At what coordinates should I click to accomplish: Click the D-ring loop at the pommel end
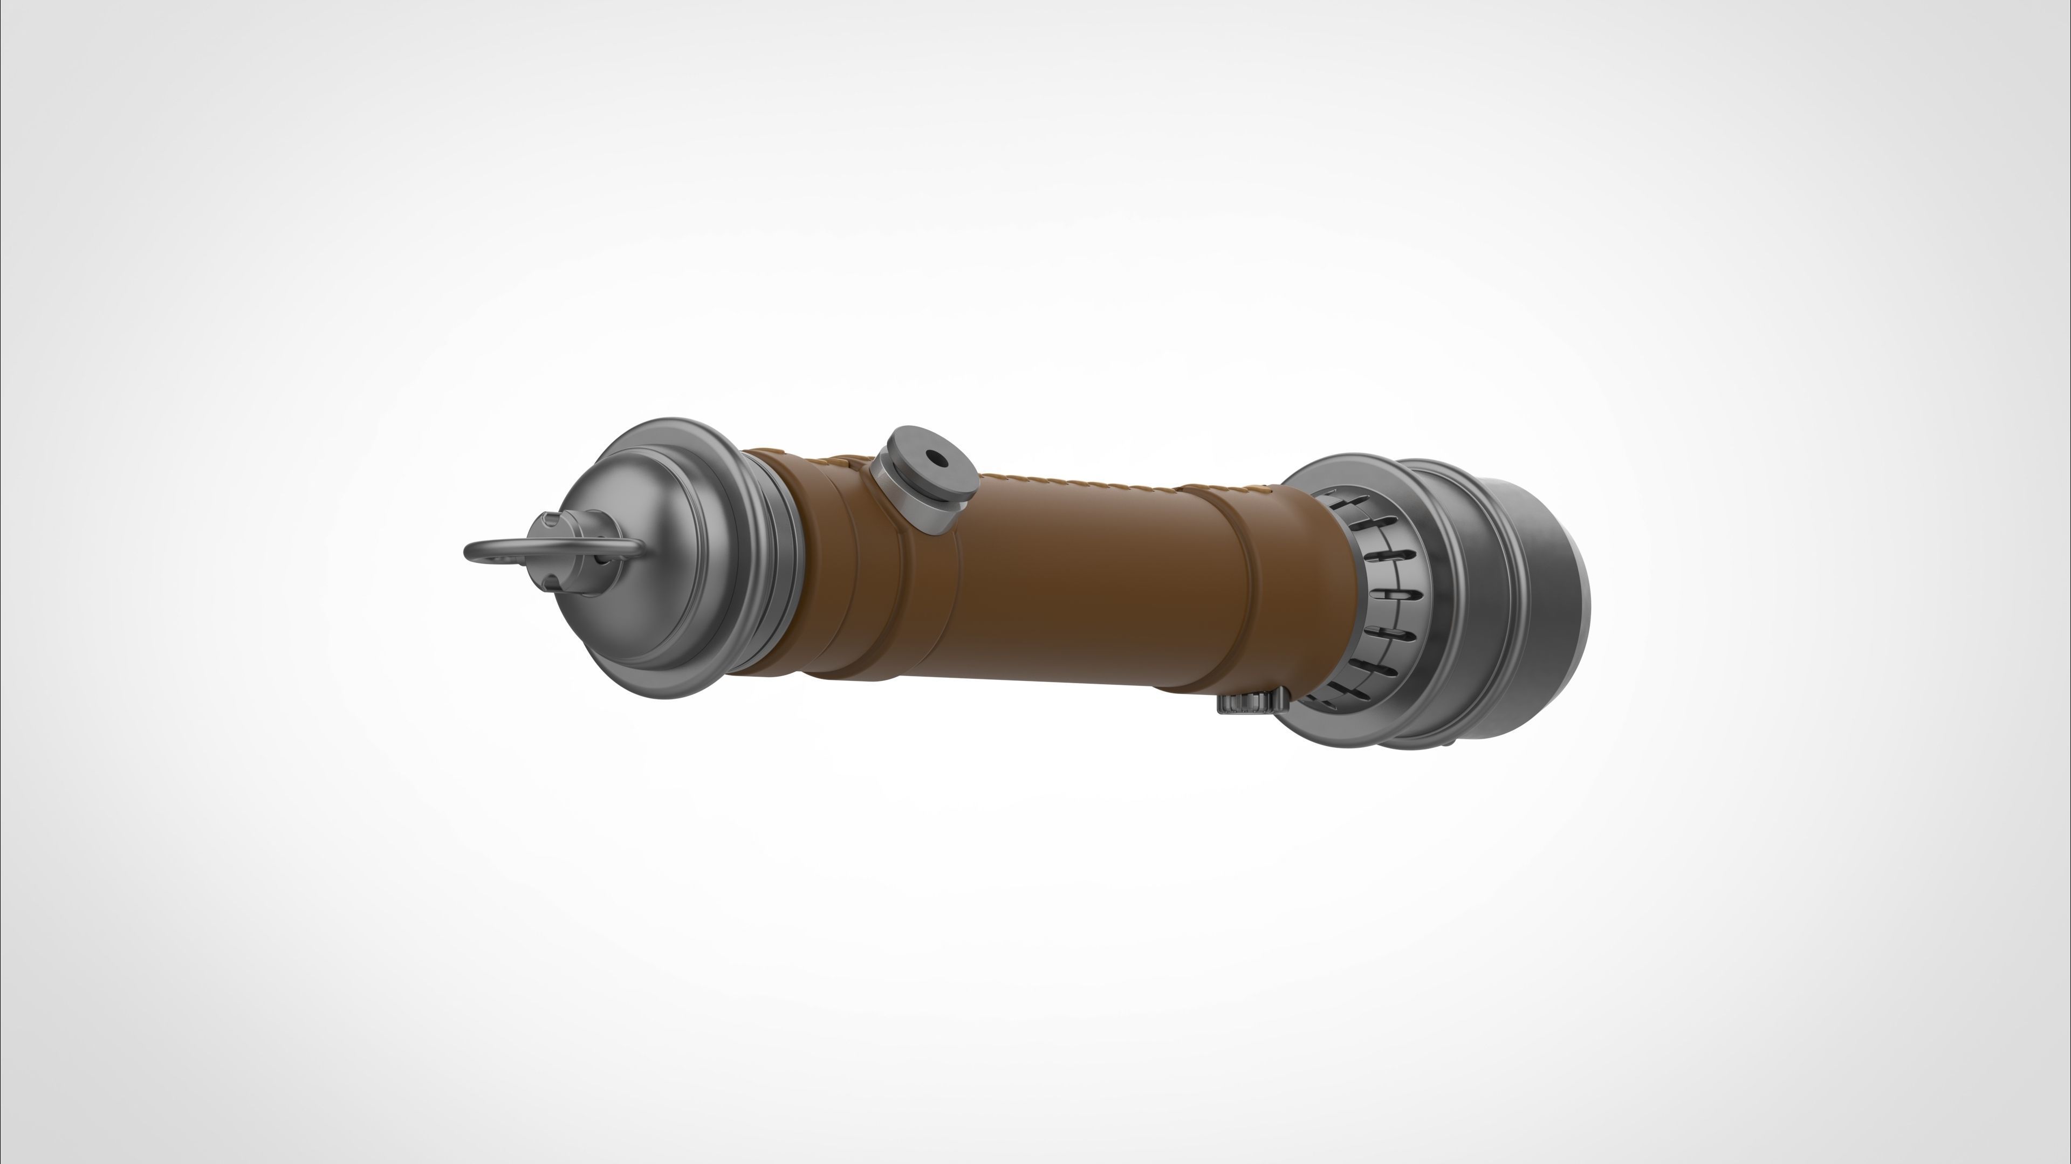pos(481,552)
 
